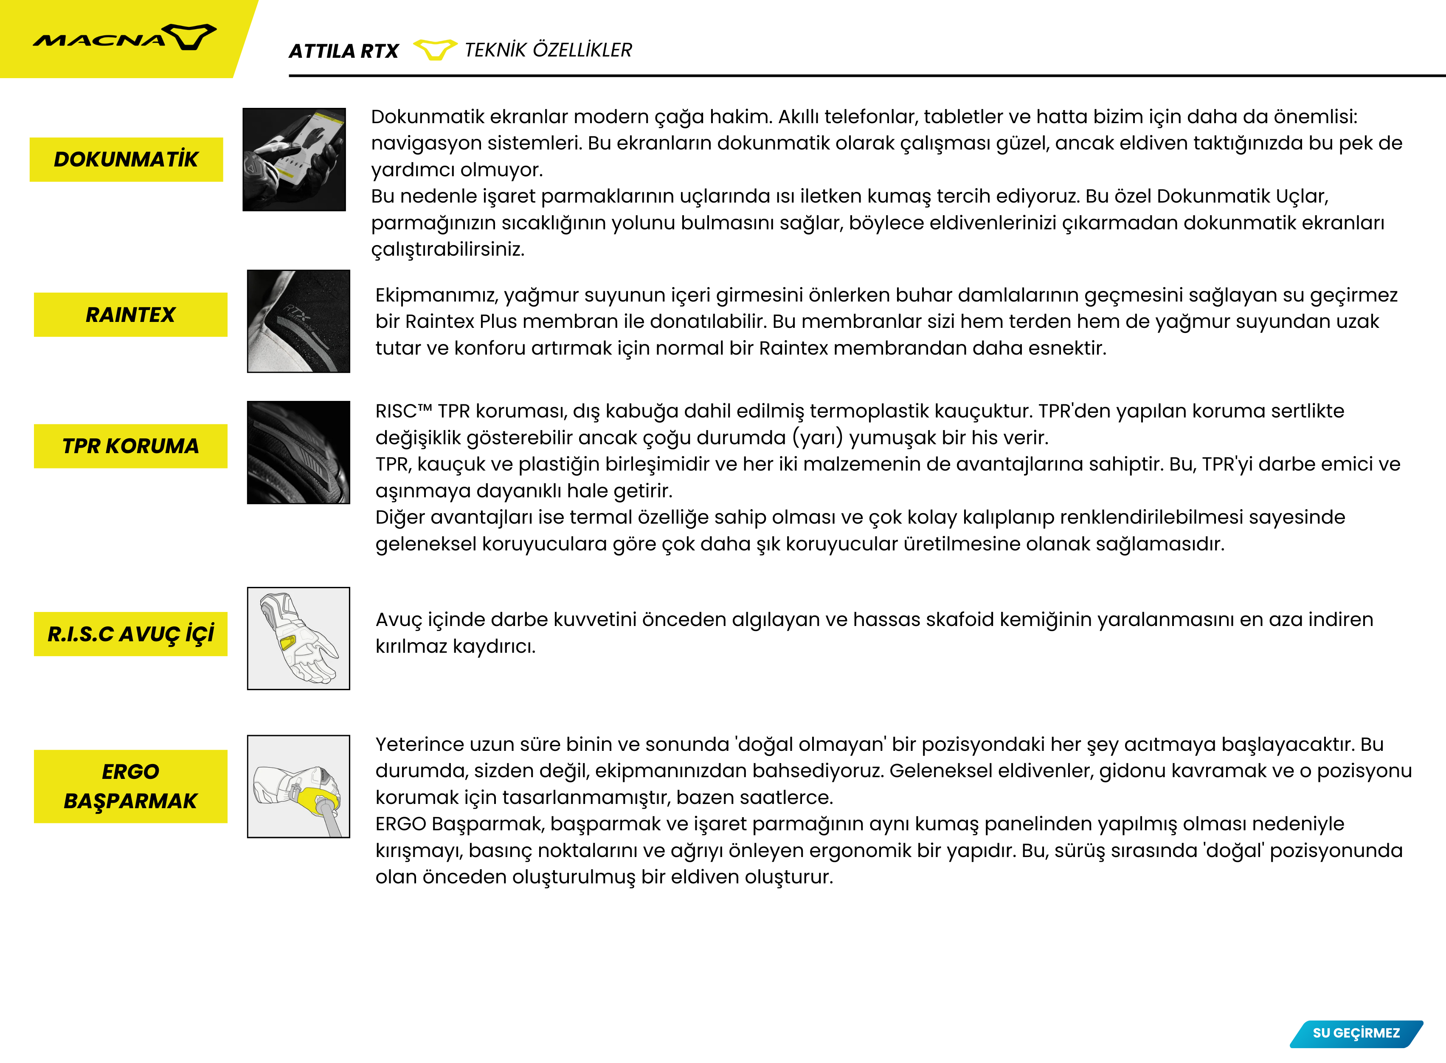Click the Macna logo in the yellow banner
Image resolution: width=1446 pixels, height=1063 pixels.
124,38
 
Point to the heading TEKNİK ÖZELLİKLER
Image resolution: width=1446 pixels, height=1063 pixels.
548,50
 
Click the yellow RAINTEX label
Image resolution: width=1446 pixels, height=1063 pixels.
131,315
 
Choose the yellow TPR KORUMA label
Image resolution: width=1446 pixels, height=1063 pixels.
131,446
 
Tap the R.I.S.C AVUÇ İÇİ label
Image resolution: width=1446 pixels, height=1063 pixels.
131,634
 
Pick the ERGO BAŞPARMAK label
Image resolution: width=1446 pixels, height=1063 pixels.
131,786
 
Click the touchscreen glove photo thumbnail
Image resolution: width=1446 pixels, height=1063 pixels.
294,160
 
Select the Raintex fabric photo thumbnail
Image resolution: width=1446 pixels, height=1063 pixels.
298,321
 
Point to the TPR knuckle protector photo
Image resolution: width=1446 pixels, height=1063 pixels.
298,452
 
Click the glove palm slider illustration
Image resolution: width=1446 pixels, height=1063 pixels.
298,638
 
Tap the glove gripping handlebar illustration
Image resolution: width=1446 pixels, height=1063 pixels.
298,786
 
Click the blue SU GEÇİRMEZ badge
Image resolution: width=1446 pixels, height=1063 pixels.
1356,1033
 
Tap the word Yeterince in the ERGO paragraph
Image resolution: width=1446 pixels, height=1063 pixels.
419,744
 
